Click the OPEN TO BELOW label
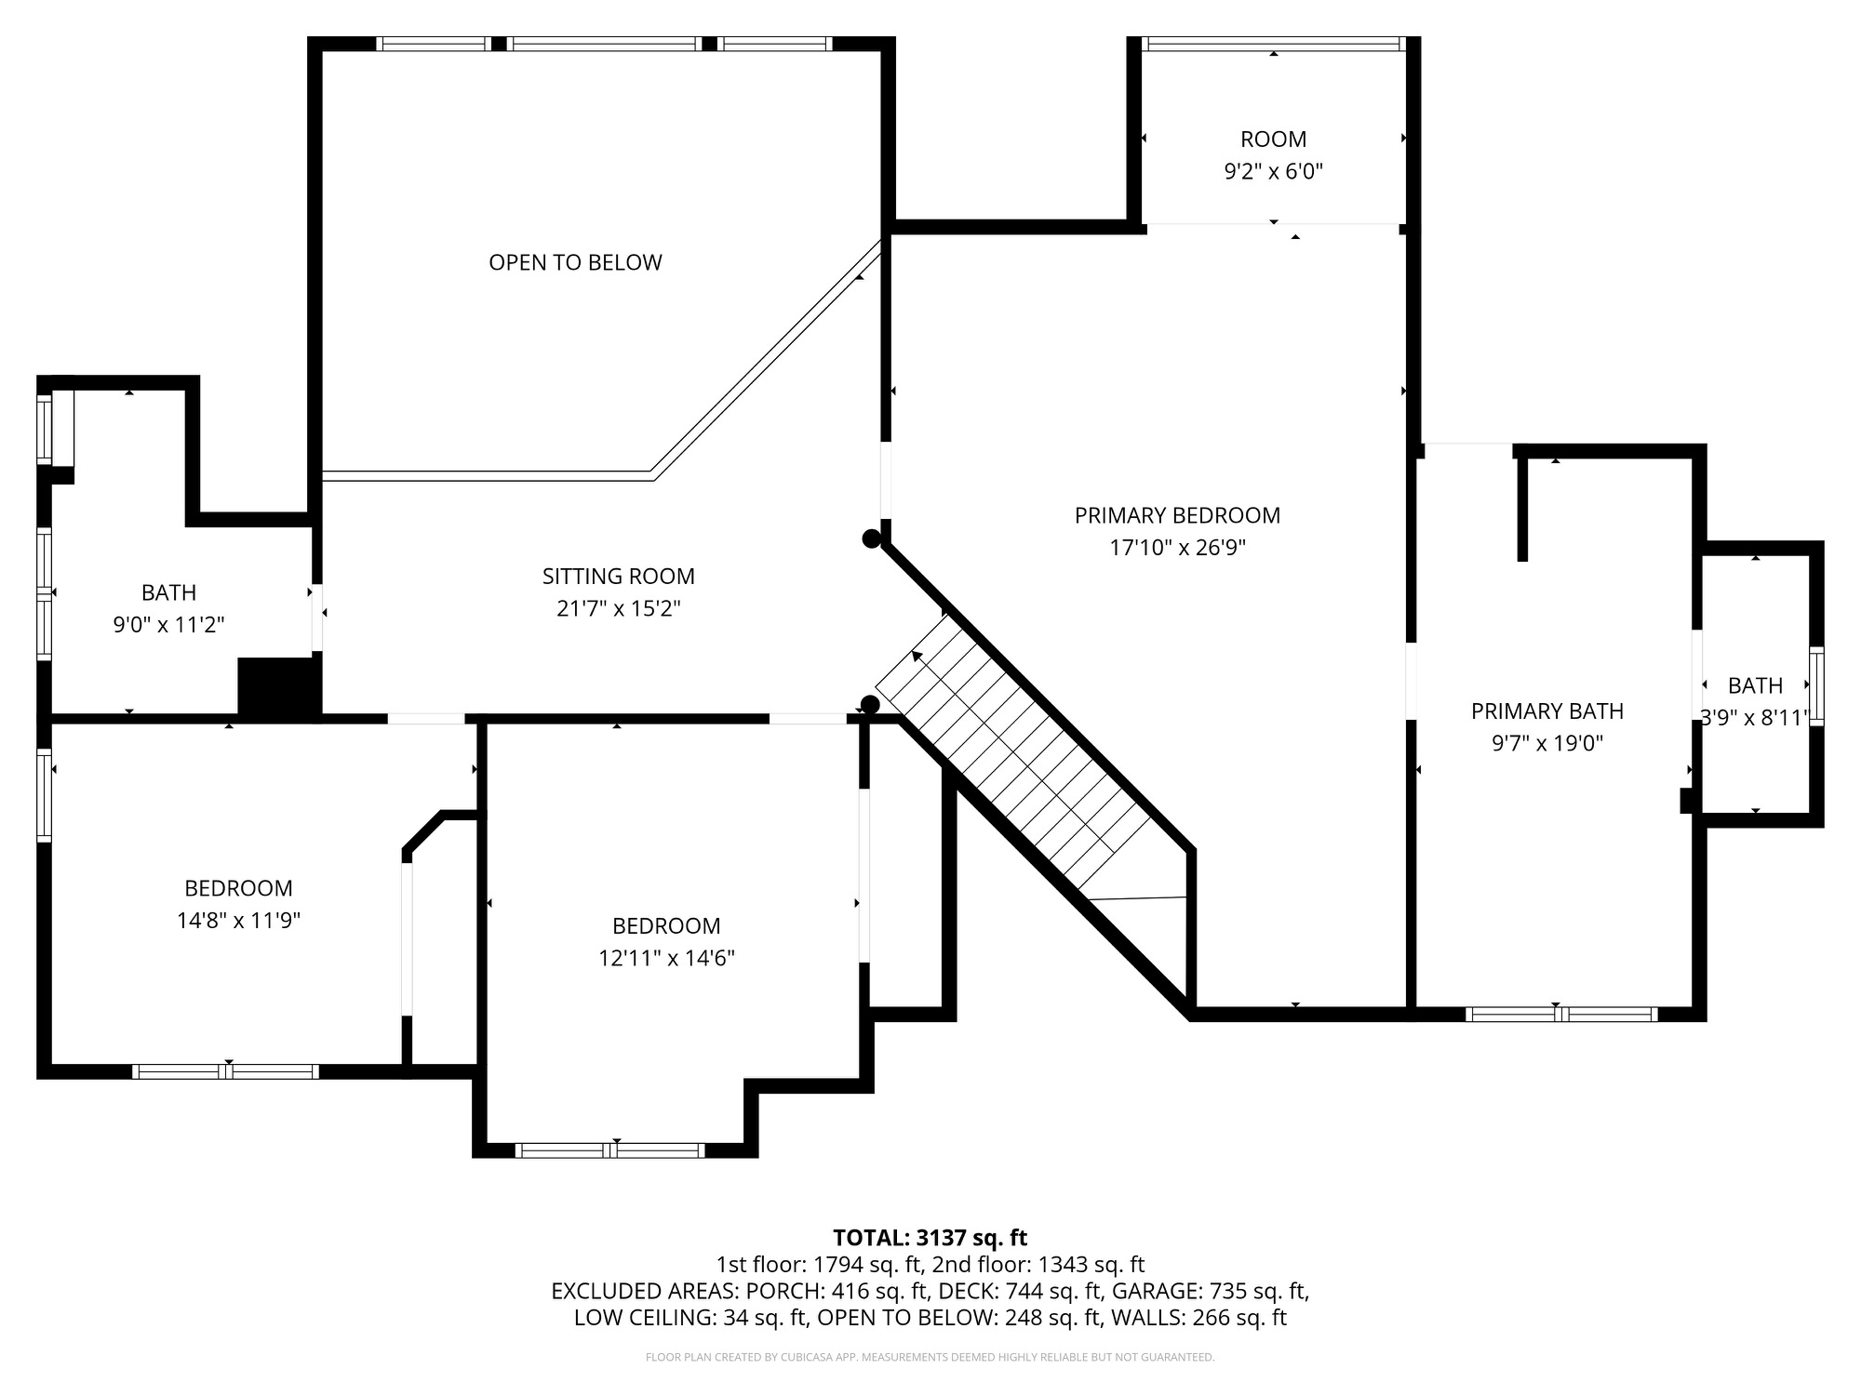[x=575, y=262]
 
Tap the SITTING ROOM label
[x=619, y=577]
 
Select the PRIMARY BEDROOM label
[x=1177, y=515]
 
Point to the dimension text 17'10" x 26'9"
[x=1177, y=548]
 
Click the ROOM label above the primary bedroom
[x=1273, y=139]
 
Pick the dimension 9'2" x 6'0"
[x=1273, y=172]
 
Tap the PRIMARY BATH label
[x=1547, y=711]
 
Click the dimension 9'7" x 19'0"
[x=1547, y=744]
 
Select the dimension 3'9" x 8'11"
[x=1755, y=718]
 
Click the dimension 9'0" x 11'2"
[x=168, y=625]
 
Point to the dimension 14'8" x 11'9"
[x=238, y=921]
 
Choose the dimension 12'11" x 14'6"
[x=666, y=958]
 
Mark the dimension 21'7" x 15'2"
[x=619, y=609]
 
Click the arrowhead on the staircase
[x=917, y=657]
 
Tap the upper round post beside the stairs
[x=871, y=538]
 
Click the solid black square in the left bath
[x=279, y=686]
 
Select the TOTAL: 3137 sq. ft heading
[x=930, y=1238]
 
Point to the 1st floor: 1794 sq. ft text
[x=819, y=1265]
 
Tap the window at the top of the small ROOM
[x=1273, y=44]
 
